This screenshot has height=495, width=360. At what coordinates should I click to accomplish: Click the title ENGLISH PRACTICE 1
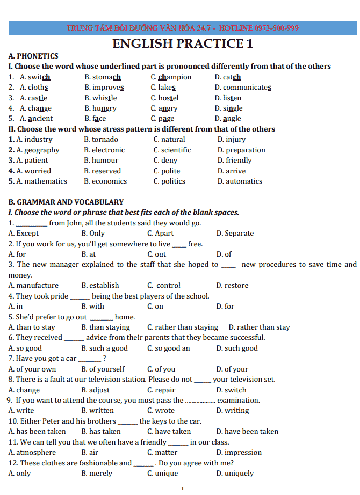183,44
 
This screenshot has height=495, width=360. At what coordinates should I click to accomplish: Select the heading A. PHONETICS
33,56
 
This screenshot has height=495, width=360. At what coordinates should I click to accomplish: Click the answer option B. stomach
103,77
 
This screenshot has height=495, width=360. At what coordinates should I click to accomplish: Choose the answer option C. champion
171,77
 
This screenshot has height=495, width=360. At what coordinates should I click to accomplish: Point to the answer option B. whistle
100,98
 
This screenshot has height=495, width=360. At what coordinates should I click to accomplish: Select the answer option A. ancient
36,119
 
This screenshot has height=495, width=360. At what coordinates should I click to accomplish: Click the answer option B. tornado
101,140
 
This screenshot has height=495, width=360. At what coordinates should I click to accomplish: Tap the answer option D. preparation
241,150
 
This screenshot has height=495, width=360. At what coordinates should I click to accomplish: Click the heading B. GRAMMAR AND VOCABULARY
66,202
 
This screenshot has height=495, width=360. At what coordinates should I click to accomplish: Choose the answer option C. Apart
160,234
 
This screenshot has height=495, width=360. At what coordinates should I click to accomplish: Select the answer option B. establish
100,286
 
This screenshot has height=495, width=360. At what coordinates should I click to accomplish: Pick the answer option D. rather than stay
259,327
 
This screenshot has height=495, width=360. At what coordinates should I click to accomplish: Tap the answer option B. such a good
104,348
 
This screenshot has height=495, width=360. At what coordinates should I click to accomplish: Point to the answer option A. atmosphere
32,453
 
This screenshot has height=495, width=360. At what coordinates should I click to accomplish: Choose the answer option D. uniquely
235,474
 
